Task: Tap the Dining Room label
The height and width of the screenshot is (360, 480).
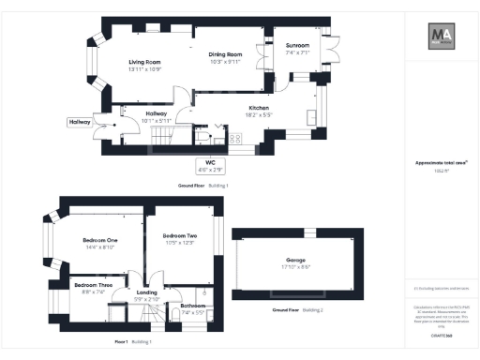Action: pos(224,54)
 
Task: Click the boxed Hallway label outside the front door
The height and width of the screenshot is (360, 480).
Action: pos(79,122)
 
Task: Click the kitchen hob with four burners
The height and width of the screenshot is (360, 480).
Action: pos(234,139)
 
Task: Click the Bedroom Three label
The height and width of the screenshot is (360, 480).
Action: pos(93,284)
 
